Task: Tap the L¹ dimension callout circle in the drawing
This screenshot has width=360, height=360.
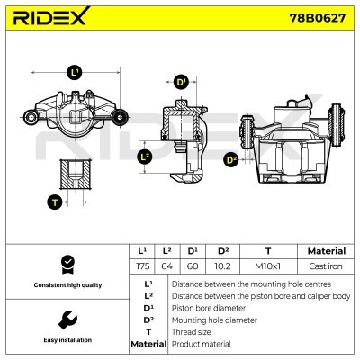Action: [x=76, y=72]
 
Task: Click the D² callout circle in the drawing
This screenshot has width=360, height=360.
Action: [x=230, y=160]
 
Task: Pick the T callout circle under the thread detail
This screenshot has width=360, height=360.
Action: [x=55, y=202]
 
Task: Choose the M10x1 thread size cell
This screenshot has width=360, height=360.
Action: [x=268, y=266]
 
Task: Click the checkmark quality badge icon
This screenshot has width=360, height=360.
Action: [x=64, y=263]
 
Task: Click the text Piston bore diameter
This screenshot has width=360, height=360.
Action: [x=207, y=307]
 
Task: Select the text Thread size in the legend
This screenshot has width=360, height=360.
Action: [x=193, y=331]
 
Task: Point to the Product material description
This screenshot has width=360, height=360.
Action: [x=201, y=344]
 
